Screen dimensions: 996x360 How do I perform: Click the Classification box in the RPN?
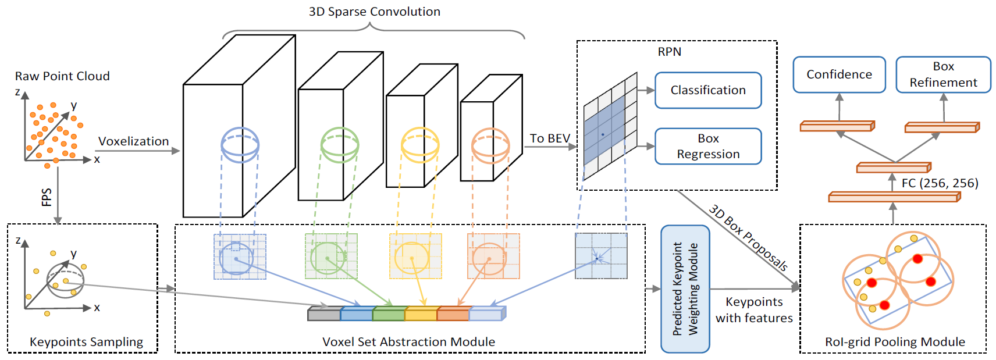coord(709,90)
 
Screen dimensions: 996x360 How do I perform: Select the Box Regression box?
coord(709,146)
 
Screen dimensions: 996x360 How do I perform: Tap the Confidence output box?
coord(840,74)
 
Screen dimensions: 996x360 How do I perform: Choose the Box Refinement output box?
coord(944,74)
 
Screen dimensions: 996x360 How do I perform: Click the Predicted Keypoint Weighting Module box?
coord(685,289)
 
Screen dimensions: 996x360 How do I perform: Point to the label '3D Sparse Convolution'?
coord(375,12)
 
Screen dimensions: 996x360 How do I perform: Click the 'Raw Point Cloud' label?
coord(62,76)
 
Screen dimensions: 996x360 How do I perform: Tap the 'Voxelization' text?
coord(133,141)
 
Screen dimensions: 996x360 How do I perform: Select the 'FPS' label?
coord(47,197)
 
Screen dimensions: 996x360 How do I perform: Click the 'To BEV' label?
coord(550,138)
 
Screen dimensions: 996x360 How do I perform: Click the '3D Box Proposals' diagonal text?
coord(748,237)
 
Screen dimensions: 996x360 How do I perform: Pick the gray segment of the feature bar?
coord(324,313)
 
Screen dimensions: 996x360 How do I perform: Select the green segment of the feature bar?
coord(389,313)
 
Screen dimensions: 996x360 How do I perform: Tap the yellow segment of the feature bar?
coord(421,313)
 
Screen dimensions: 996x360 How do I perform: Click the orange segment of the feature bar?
coord(453,313)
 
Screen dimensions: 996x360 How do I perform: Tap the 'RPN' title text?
coord(669,52)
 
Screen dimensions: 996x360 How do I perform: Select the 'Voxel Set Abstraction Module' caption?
coord(408,342)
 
